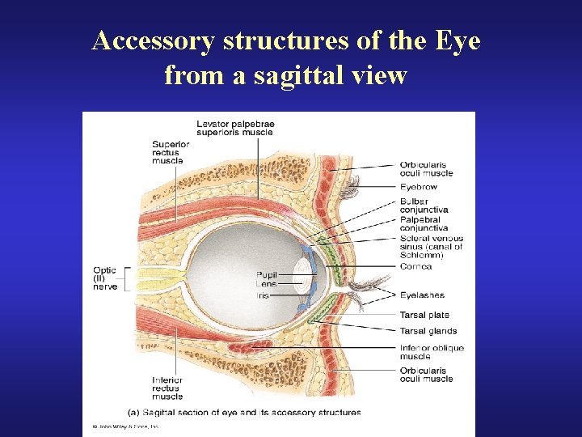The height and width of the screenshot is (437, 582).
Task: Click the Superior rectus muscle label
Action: (171, 151)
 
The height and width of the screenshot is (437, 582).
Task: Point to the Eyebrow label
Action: (418, 186)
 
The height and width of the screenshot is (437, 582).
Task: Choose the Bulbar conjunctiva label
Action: (424, 206)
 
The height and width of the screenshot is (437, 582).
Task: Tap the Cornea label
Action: (415, 266)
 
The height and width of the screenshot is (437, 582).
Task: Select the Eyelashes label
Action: (422, 295)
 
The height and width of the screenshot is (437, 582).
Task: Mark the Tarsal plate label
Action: (424, 315)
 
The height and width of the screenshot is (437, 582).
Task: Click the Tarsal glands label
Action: (428, 331)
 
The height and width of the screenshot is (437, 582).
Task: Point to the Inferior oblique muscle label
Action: (432, 352)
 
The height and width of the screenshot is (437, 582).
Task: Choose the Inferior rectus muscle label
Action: (167, 388)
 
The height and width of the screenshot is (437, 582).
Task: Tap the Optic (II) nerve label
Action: (105, 278)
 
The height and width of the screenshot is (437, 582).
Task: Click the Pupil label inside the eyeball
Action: (267, 275)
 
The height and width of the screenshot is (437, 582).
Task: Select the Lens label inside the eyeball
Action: (267, 284)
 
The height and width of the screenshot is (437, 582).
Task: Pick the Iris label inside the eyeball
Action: (264, 295)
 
